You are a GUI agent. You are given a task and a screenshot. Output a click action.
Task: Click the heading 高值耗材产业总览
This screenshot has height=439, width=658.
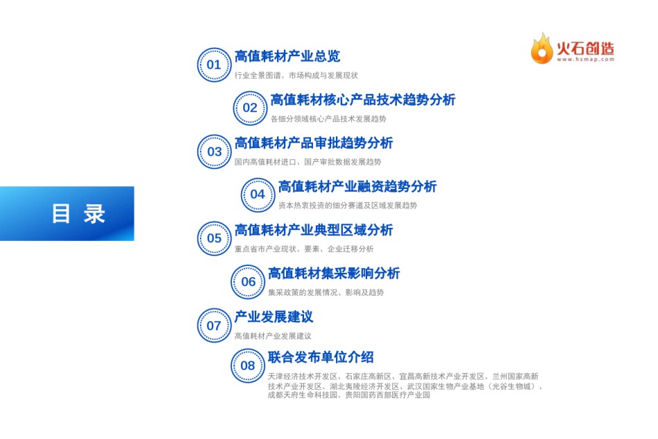287,56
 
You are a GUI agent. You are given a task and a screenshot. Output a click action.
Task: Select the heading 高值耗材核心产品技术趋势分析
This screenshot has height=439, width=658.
362,100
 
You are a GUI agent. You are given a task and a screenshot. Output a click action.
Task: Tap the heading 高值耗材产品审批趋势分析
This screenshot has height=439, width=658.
314,143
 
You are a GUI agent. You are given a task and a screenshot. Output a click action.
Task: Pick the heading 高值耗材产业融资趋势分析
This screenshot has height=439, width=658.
357,187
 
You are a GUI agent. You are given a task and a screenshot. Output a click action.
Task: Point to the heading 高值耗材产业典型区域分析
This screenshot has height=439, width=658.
314,230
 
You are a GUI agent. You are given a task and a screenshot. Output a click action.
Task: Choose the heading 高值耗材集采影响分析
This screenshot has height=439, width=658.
334,274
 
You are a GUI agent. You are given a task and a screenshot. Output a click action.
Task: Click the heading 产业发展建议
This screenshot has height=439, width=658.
274,317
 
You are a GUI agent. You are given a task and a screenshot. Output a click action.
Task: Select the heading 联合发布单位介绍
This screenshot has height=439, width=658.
321,357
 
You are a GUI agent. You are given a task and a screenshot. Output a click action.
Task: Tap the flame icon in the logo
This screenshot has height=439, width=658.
542,48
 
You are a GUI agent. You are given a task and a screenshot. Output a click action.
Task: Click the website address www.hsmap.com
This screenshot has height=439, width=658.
585,60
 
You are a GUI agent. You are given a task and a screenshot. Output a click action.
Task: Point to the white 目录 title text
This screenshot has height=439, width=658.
78,214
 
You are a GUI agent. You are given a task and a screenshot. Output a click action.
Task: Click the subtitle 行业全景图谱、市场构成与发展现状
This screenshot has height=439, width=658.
296,75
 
